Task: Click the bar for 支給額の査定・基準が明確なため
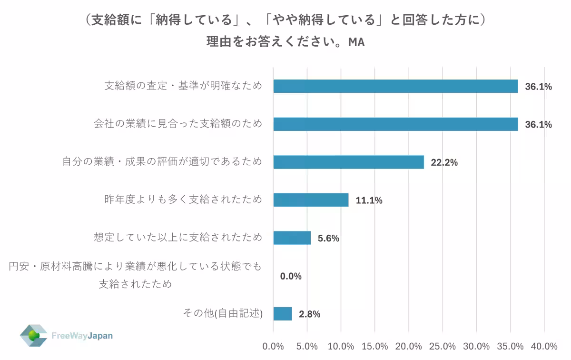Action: pos(395,86)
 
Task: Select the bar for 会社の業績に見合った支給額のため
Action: pos(395,124)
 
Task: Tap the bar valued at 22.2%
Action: pos(348,162)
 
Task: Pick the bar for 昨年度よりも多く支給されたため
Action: pos(311,200)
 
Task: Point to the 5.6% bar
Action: pos(292,238)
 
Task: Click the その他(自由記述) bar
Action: pos(283,314)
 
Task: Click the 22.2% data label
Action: pos(444,162)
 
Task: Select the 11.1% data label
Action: pos(369,200)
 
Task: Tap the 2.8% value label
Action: pos(309,314)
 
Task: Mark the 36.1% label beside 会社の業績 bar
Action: pos(538,125)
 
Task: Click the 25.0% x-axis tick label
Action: pos(443,346)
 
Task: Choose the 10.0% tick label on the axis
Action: pos(341,346)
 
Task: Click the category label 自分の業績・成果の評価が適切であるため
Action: pos(162,161)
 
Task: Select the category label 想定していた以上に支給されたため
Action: pos(178,237)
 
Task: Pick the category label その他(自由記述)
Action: pos(223,313)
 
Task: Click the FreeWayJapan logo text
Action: pos(82,336)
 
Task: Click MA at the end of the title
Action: pos(356,42)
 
